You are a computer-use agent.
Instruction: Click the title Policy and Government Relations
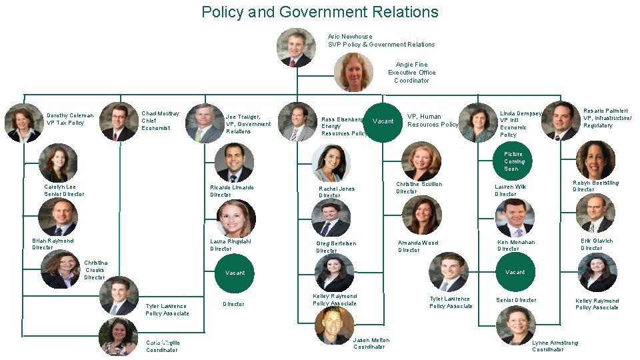320,12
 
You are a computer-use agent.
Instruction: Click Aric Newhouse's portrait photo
296,47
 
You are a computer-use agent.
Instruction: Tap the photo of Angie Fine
353,72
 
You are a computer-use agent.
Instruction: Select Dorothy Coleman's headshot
24,123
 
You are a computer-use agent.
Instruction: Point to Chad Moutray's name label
160,121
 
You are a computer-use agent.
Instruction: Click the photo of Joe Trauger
205,124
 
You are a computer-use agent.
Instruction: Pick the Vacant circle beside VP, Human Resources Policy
383,121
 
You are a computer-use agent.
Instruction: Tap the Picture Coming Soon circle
514,161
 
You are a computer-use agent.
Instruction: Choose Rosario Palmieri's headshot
561,121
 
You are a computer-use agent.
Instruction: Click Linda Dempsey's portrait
478,123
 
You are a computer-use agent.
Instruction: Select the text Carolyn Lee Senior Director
64,191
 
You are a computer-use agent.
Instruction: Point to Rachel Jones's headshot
331,164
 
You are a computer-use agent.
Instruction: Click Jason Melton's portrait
334,325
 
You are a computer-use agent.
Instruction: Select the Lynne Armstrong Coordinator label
555,346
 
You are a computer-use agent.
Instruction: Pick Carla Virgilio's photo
118,337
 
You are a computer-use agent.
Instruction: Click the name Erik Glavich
596,245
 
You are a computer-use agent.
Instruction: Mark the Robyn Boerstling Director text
595,186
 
